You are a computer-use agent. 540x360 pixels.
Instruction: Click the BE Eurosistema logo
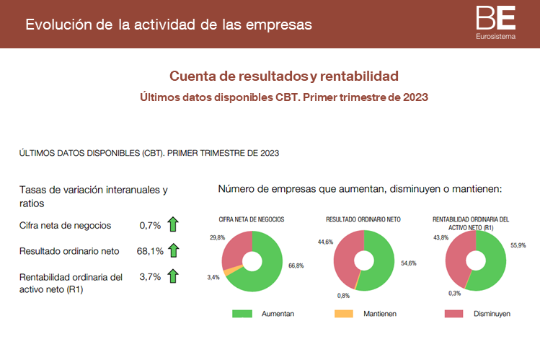(x=496, y=22)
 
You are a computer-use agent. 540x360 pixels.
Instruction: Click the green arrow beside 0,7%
(x=173, y=225)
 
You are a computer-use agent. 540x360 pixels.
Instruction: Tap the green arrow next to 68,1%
(x=173, y=250)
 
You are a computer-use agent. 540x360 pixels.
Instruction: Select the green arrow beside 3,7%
(x=173, y=276)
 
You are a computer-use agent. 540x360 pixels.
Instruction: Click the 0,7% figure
(x=150, y=225)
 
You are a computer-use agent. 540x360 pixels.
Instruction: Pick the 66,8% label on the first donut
(x=296, y=266)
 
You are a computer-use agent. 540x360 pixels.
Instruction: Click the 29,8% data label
(x=217, y=237)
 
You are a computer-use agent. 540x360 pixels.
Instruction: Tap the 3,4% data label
(x=213, y=277)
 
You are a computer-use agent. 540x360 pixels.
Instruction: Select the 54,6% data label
(x=409, y=264)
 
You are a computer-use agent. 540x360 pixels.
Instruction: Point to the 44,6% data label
(x=325, y=242)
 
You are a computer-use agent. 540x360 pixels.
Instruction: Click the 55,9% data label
(x=518, y=245)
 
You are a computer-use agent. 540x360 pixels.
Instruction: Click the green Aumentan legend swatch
(x=242, y=314)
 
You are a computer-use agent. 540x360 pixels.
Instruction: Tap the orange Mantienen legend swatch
(x=345, y=314)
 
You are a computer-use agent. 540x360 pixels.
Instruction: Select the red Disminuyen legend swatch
(x=453, y=314)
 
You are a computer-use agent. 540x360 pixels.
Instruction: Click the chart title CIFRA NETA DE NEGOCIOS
(x=252, y=219)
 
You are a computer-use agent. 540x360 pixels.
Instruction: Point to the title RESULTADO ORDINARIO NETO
(x=363, y=219)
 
